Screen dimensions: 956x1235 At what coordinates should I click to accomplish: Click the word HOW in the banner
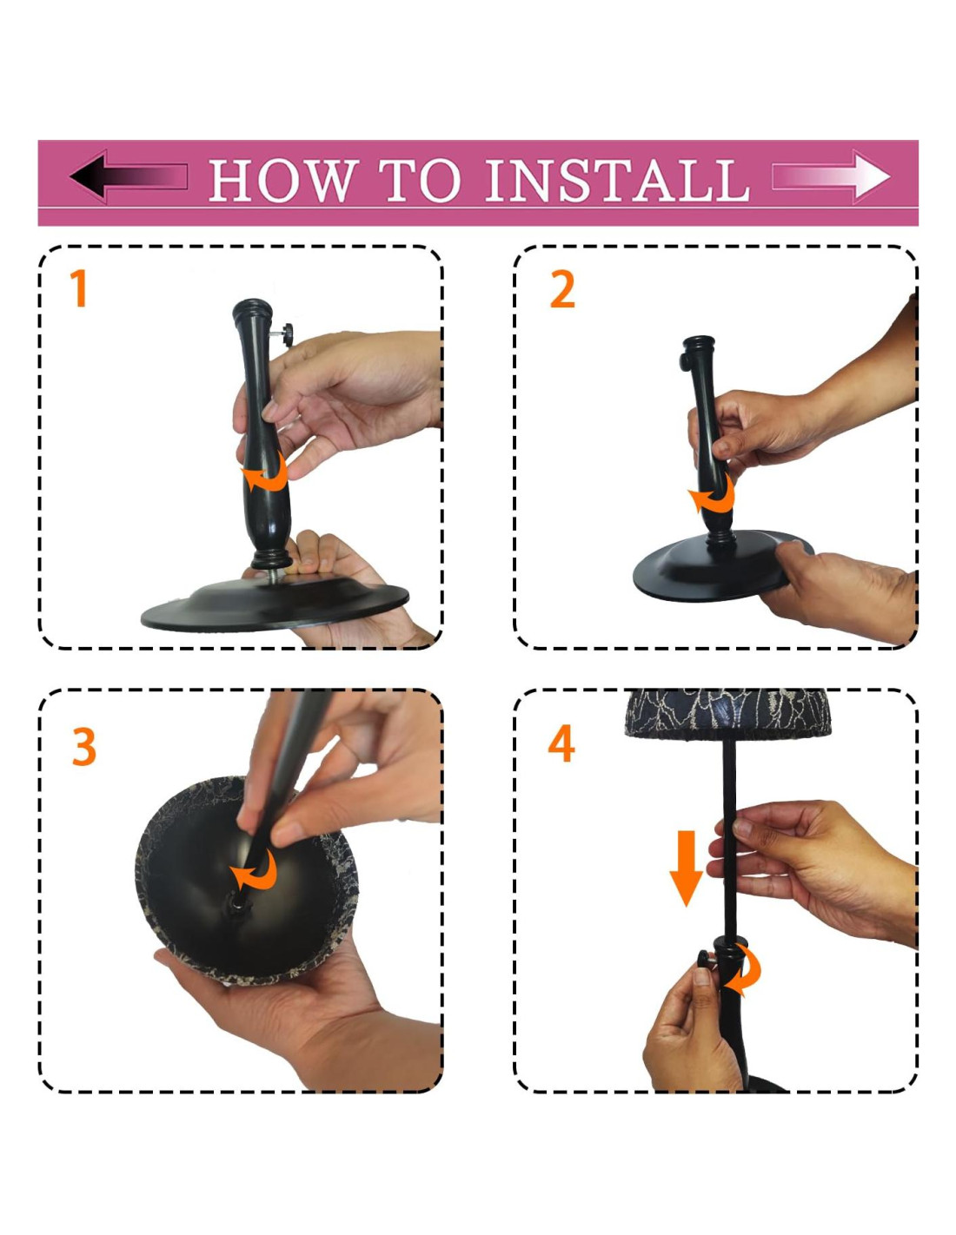point(283,180)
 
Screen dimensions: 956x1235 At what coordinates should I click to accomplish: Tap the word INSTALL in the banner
point(616,180)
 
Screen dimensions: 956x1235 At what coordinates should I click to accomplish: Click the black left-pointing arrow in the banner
point(129,176)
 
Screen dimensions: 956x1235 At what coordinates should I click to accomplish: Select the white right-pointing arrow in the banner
point(830,176)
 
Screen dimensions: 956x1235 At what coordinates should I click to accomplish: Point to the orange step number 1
point(78,288)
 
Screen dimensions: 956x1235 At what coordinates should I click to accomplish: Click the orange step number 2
point(562,290)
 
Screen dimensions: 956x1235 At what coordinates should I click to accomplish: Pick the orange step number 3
point(84,747)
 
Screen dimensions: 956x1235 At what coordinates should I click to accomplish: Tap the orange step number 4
point(561,743)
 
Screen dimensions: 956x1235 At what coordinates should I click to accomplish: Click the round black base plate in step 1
point(275,604)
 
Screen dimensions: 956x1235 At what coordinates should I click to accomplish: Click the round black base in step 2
point(722,565)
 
